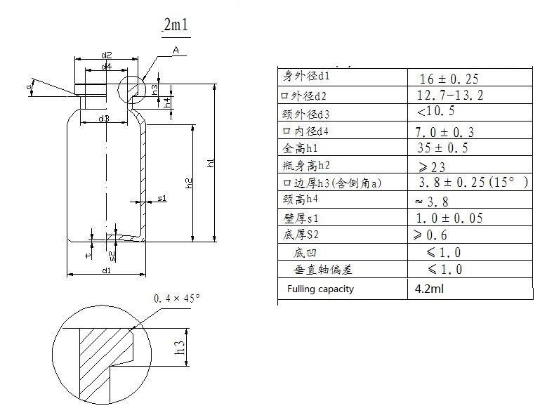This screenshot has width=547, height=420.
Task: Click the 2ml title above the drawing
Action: coord(175,27)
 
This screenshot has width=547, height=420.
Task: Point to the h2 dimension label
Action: coord(189,184)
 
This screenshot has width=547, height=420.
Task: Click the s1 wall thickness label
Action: coord(162,199)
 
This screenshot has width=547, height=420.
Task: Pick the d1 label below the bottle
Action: coord(106,270)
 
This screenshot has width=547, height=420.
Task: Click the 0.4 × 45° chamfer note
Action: coord(177,298)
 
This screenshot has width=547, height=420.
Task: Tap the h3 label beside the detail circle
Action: coord(180,347)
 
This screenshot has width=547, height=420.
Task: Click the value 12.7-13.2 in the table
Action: coord(450,95)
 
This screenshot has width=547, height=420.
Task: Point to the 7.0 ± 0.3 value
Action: coord(446,131)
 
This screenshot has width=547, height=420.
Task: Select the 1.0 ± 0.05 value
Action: coord(449,218)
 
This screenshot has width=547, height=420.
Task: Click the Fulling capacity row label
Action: coord(320,289)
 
